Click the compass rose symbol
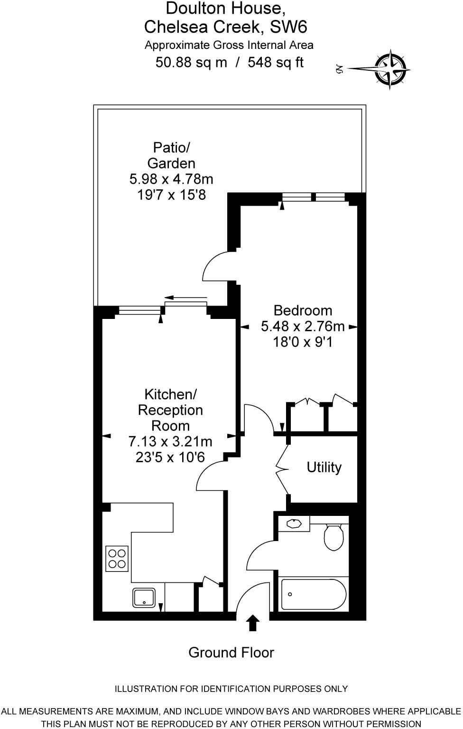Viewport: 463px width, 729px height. point(392,69)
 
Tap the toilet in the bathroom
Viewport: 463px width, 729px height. point(333,537)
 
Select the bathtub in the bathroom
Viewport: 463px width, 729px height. point(314,594)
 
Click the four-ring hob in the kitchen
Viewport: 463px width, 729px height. point(117,559)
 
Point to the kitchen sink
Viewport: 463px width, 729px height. point(144,597)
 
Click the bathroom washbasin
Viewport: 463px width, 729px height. point(295,524)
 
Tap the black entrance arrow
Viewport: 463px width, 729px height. point(253,623)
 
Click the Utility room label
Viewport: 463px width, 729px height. point(324,467)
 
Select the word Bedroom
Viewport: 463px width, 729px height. point(303,311)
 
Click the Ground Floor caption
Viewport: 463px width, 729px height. point(231,653)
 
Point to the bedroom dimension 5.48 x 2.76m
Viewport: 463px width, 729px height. point(303,327)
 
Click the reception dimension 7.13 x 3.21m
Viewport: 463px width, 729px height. point(170,442)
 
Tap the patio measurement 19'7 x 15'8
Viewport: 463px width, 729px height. point(171,195)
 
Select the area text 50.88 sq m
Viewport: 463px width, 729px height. point(191,62)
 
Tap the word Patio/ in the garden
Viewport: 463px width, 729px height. point(171,147)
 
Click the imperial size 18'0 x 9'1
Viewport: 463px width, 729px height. point(303,342)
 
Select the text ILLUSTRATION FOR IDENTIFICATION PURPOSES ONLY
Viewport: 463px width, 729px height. point(231,689)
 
